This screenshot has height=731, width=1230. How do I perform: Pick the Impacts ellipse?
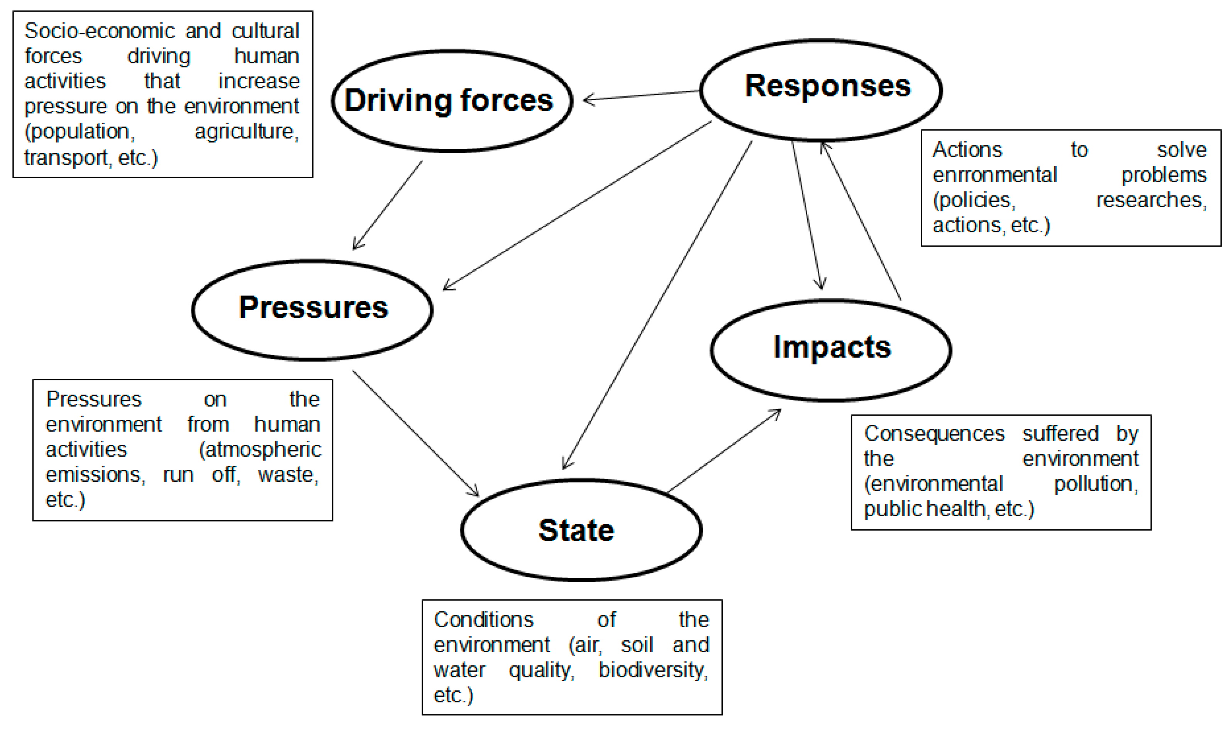coord(831,350)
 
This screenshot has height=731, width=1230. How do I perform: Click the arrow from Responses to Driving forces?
coord(641,95)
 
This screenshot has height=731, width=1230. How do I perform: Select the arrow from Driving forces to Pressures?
coord(388,205)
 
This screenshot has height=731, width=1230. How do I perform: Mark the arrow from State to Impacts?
coord(724,451)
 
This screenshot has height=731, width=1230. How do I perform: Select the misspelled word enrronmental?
coord(995,175)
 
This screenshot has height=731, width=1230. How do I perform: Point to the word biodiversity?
coord(653,670)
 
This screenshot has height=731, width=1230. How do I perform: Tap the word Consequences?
coord(934,434)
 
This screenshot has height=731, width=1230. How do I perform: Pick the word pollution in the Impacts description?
coord(1095,484)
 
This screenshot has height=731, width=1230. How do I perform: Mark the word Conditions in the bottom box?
coord(483,620)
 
